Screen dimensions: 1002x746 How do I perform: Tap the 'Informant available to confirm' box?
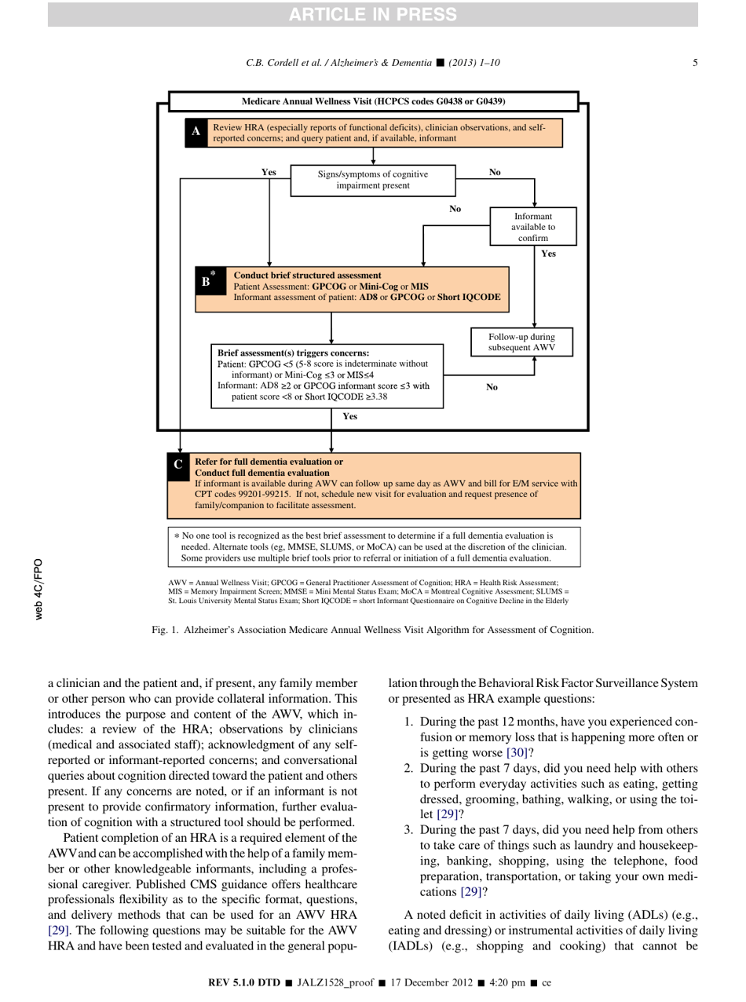coord(533,227)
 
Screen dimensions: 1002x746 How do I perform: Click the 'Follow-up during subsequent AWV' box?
coord(532,342)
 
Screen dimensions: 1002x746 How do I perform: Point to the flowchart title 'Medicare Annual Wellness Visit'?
coord(373,102)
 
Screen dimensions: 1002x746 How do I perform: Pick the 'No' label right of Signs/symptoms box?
coord(495,170)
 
